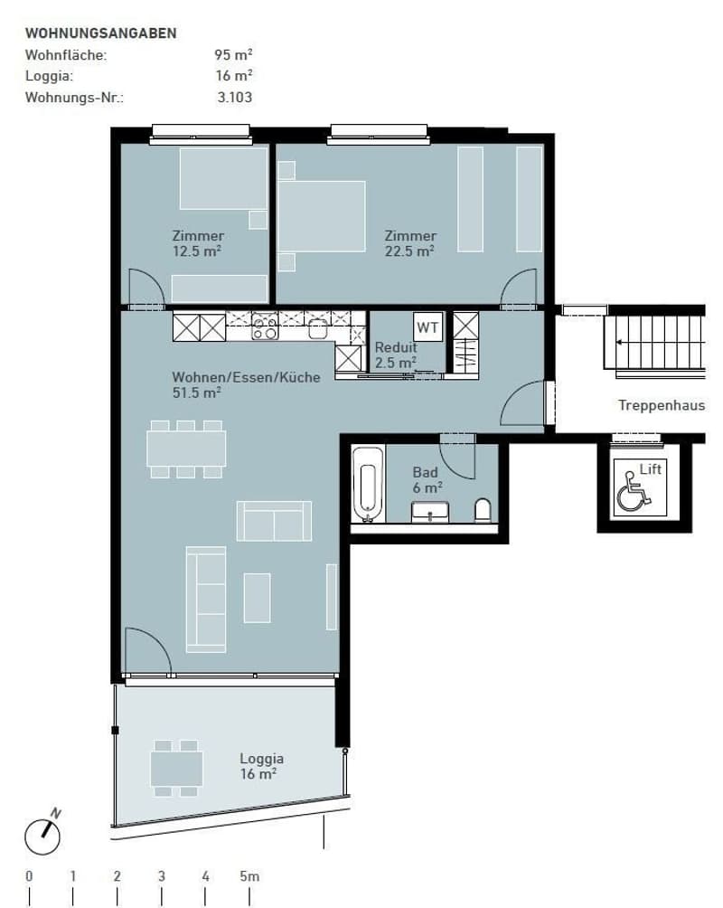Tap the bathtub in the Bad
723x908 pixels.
click(368, 484)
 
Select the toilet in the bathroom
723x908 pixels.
click(483, 510)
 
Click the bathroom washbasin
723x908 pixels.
click(429, 512)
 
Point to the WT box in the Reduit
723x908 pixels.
click(428, 327)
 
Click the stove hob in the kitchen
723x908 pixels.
click(265, 326)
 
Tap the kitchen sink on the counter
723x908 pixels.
click(318, 328)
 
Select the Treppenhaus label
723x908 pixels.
click(661, 405)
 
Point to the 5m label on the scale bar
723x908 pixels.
click(249, 876)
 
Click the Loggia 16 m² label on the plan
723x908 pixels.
click(261, 766)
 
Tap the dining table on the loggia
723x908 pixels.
click(176, 769)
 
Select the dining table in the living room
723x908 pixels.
click(186, 449)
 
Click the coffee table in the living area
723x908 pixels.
click(257, 598)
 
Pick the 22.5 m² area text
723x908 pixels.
click(409, 251)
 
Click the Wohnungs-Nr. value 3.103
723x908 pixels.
click(235, 98)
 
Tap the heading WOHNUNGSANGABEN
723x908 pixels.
click(100, 33)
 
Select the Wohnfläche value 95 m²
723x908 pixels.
click(233, 54)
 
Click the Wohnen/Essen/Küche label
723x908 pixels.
click(246, 377)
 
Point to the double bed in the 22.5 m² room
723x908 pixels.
click(321, 216)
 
